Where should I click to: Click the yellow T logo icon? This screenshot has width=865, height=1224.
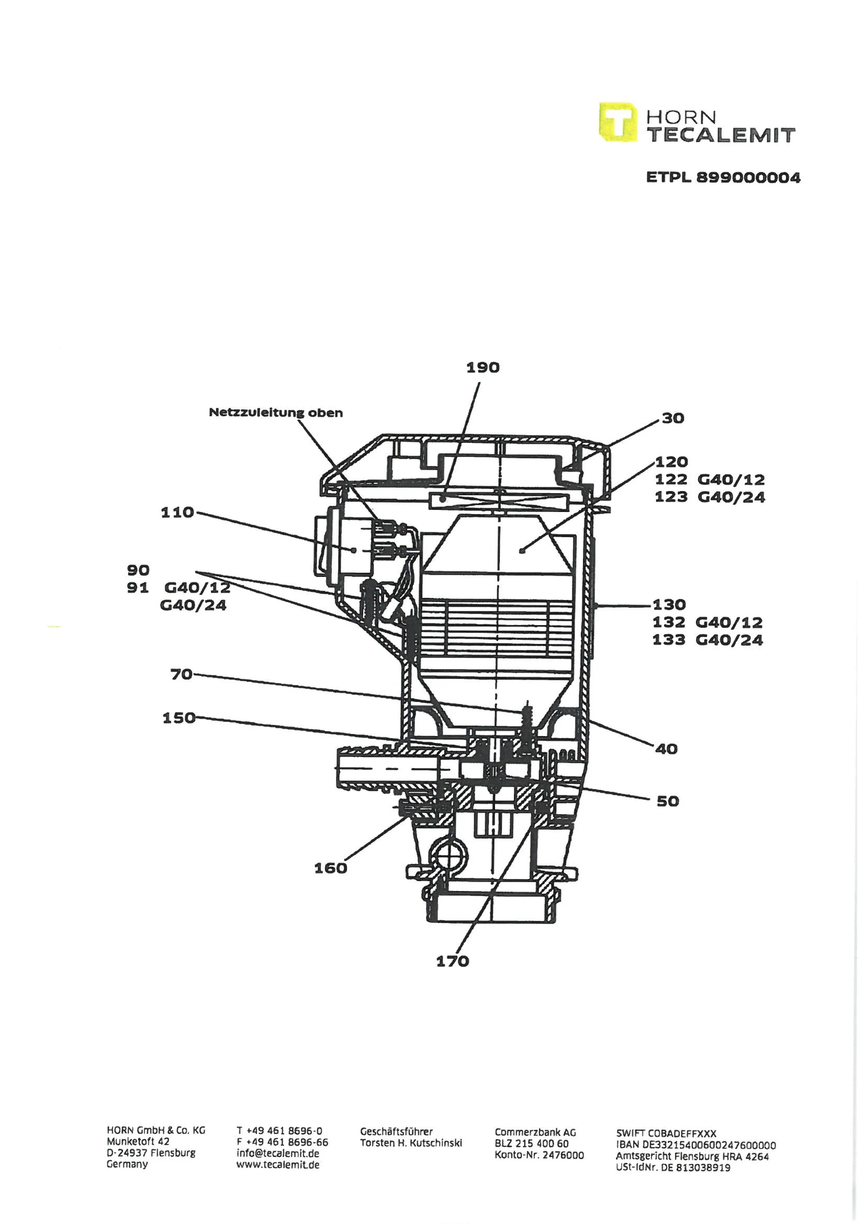tap(617, 122)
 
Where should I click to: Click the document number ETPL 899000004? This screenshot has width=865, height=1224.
tap(723, 177)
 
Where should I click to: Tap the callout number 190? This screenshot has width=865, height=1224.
tap(483, 368)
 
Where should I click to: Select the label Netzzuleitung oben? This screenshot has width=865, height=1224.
tap(276, 412)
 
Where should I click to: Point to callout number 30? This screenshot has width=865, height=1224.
tap(673, 418)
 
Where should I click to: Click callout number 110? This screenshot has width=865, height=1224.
tap(177, 513)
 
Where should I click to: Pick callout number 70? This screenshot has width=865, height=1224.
tap(181, 674)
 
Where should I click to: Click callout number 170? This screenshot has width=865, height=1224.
tap(453, 961)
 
